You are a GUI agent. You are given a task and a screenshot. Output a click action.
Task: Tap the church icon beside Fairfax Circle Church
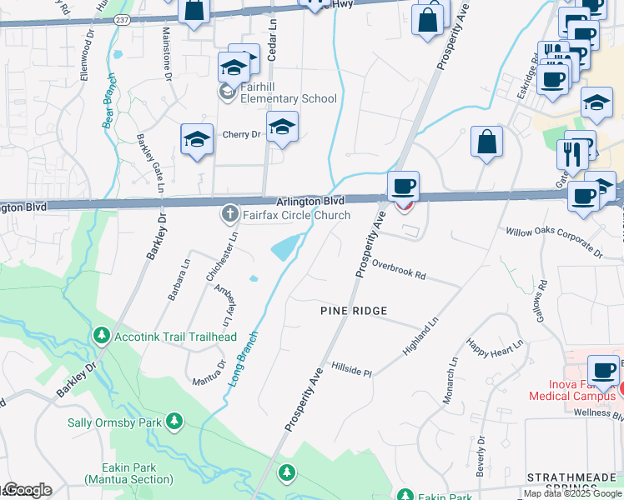click(x=230, y=215)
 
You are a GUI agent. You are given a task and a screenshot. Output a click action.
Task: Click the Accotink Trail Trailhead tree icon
click(x=101, y=337)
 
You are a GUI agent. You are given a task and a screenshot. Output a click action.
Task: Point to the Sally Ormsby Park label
click(x=116, y=422)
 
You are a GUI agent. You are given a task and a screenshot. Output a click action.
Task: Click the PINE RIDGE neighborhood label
click(x=355, y=311)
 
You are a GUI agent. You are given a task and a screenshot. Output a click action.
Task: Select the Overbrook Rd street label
click(x=399, y=271)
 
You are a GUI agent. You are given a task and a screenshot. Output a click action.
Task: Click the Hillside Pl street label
click(x=351, y=369)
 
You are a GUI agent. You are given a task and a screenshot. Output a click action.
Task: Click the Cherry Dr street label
click(x=241, y=134)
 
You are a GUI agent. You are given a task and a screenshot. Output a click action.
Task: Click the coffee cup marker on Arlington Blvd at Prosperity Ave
click(x=404, y=186)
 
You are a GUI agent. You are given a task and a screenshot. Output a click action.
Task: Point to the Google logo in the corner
click(x=27, y=491)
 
